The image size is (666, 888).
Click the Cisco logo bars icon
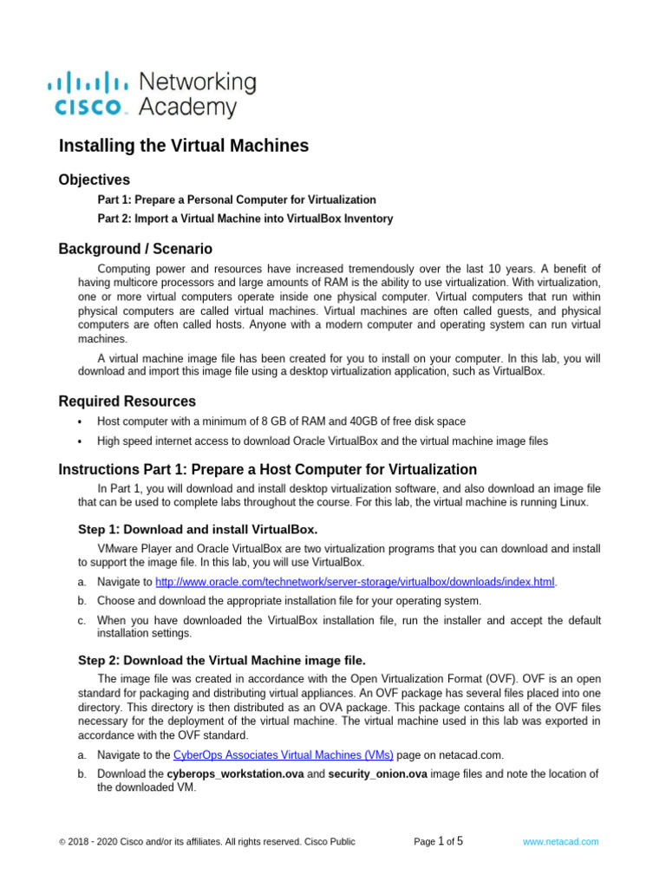(87, 83)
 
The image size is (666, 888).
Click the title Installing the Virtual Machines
(183, 146)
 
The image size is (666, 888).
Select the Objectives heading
(94, 180)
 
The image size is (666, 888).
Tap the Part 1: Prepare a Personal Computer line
(236, 199)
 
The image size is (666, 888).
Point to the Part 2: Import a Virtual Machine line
(245, 219)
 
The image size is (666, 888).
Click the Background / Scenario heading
(134, 249)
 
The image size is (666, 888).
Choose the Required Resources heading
(127, 402)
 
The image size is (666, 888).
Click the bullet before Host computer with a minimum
(80, 422)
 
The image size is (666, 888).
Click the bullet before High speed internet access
(80, 441)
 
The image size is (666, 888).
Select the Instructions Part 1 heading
(267, 469)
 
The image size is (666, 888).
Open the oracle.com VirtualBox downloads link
(355, 582)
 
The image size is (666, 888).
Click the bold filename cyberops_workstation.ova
(235, 774)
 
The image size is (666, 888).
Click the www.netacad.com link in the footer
(560, 841)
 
